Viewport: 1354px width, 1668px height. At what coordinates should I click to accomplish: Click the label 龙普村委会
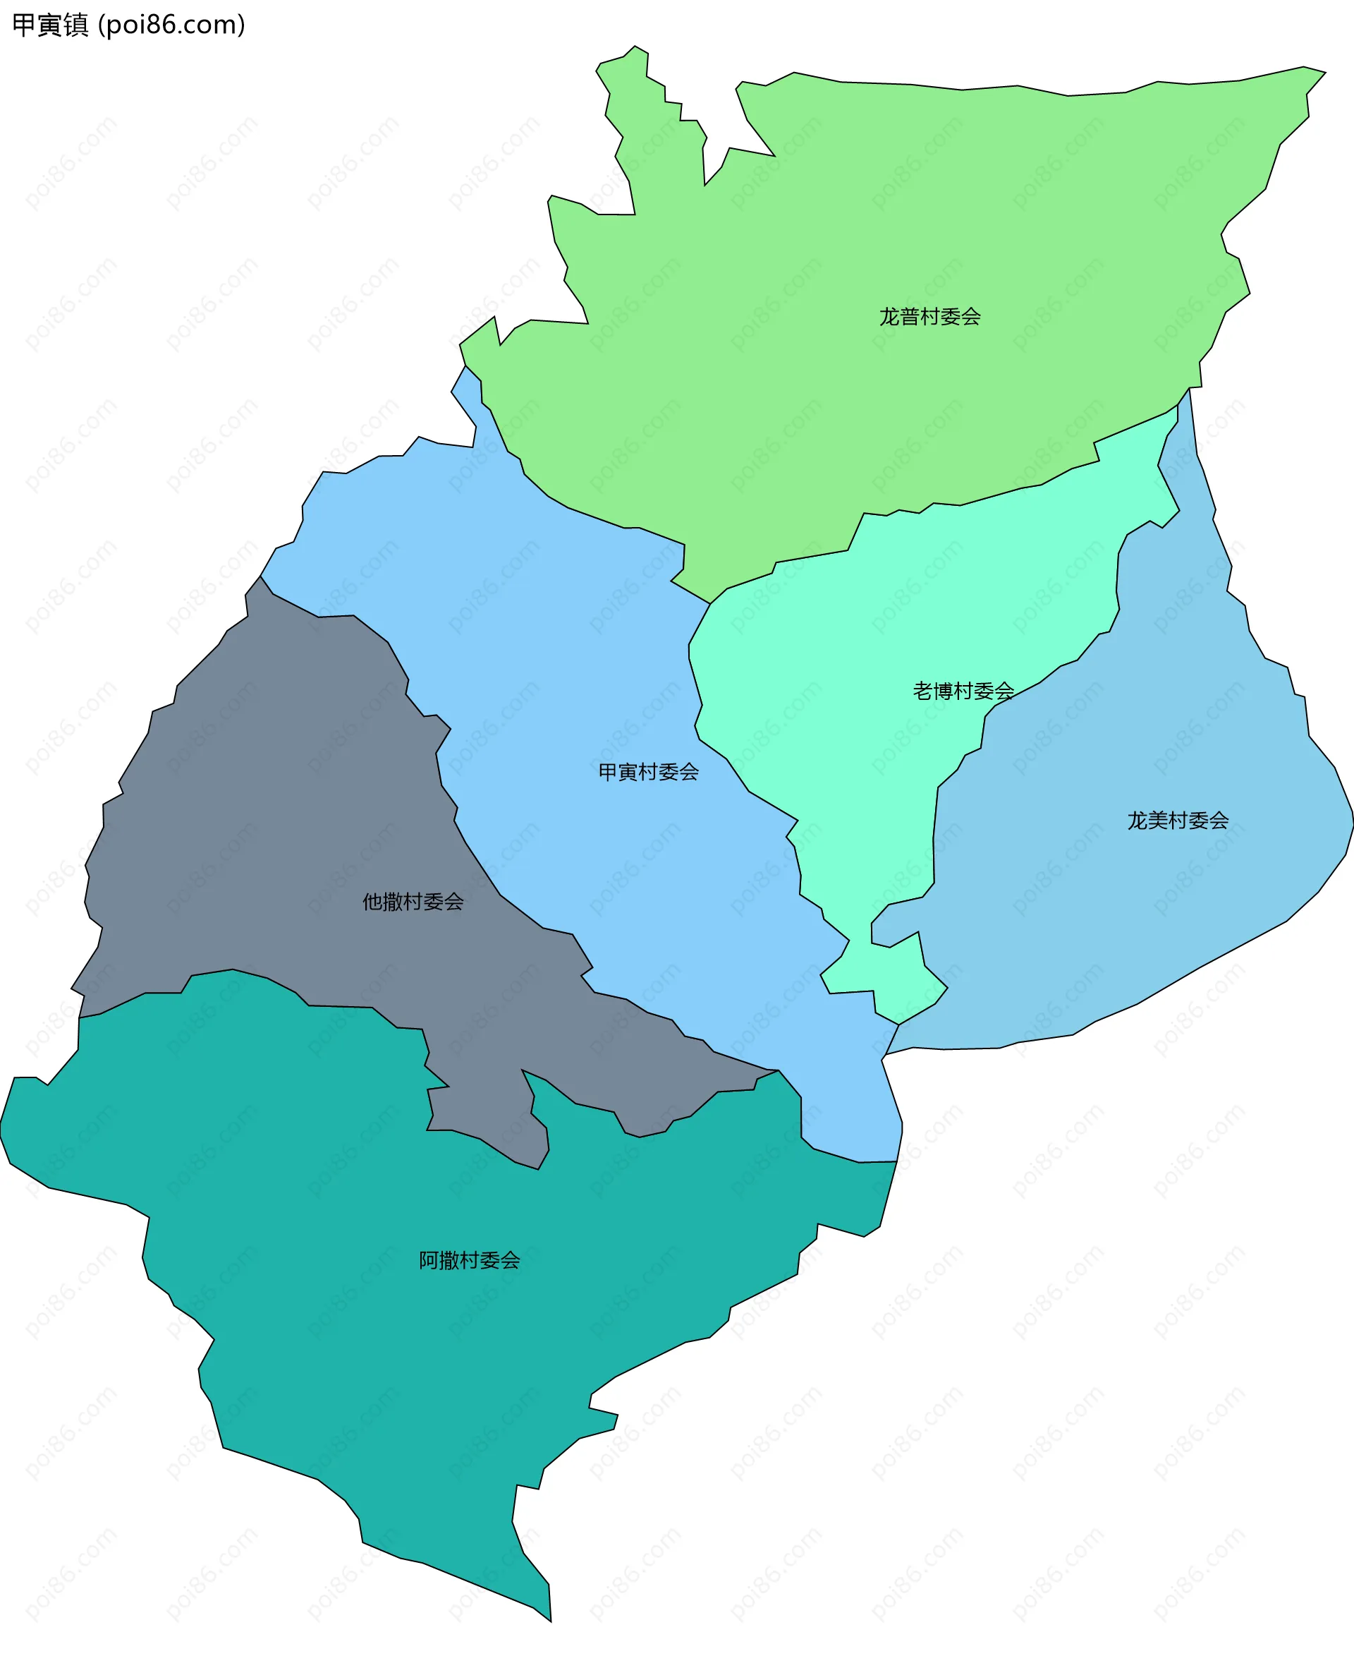click(929, 317)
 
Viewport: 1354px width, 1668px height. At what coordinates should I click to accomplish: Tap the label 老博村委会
click(963, 691)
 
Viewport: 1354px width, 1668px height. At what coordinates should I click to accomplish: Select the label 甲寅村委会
click(648, 773)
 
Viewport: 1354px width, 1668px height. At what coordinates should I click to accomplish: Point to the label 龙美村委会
click(1178, 821)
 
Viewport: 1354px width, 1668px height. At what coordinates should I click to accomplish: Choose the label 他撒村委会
click(413, 902)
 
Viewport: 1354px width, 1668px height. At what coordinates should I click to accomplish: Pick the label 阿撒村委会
click(470, 1261)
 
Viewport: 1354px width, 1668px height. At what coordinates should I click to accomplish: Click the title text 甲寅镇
click(51, 25)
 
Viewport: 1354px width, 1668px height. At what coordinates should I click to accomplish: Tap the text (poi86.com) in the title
click(171, 25)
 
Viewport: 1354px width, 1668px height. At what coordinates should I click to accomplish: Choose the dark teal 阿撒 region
click(390, 1365)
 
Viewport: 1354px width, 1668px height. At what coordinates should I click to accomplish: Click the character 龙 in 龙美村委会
click(1138, 821)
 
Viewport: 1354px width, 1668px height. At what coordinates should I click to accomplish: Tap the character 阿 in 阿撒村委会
click(429, 1261)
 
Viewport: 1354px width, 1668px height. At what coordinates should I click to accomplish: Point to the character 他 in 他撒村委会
click(372, 902)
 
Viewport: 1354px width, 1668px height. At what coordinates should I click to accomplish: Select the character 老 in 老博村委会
click(922, 691)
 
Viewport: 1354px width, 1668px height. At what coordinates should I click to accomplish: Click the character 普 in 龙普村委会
click(910, 317)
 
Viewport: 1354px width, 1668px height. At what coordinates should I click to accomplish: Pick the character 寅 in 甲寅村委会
click(628, 773)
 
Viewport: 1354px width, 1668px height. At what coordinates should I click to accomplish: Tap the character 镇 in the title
click(76, 25)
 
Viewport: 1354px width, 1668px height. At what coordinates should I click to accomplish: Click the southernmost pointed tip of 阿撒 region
click(551, 1621)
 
